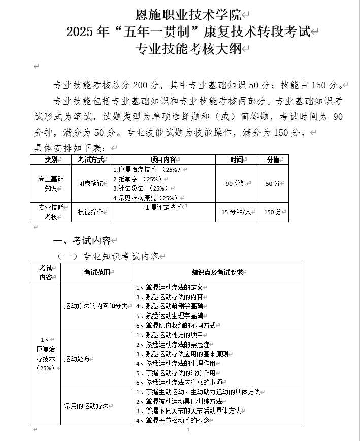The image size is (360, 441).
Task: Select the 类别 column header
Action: coord(51,160)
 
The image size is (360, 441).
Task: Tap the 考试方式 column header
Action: coord(90,160)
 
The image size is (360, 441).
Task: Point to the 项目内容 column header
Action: coord(162,160)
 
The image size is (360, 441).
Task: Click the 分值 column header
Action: coord(273,160)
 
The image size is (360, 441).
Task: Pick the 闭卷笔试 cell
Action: coord(90,183)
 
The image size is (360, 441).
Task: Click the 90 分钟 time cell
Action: coord(236,183)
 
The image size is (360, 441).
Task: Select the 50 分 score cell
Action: coord(273,183)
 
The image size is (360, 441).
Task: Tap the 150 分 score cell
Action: coord(273,212)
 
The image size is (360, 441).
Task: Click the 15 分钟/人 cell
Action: coord(236,212)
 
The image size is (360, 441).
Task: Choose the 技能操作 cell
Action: coord(90,212)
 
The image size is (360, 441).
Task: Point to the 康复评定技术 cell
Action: coord(162,207)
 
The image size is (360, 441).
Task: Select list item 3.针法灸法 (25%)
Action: coord(138,188)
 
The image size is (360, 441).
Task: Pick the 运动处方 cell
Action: coord(77,358)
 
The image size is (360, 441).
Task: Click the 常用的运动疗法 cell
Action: coord(86,406)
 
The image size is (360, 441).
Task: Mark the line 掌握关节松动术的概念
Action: coord(178,420)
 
